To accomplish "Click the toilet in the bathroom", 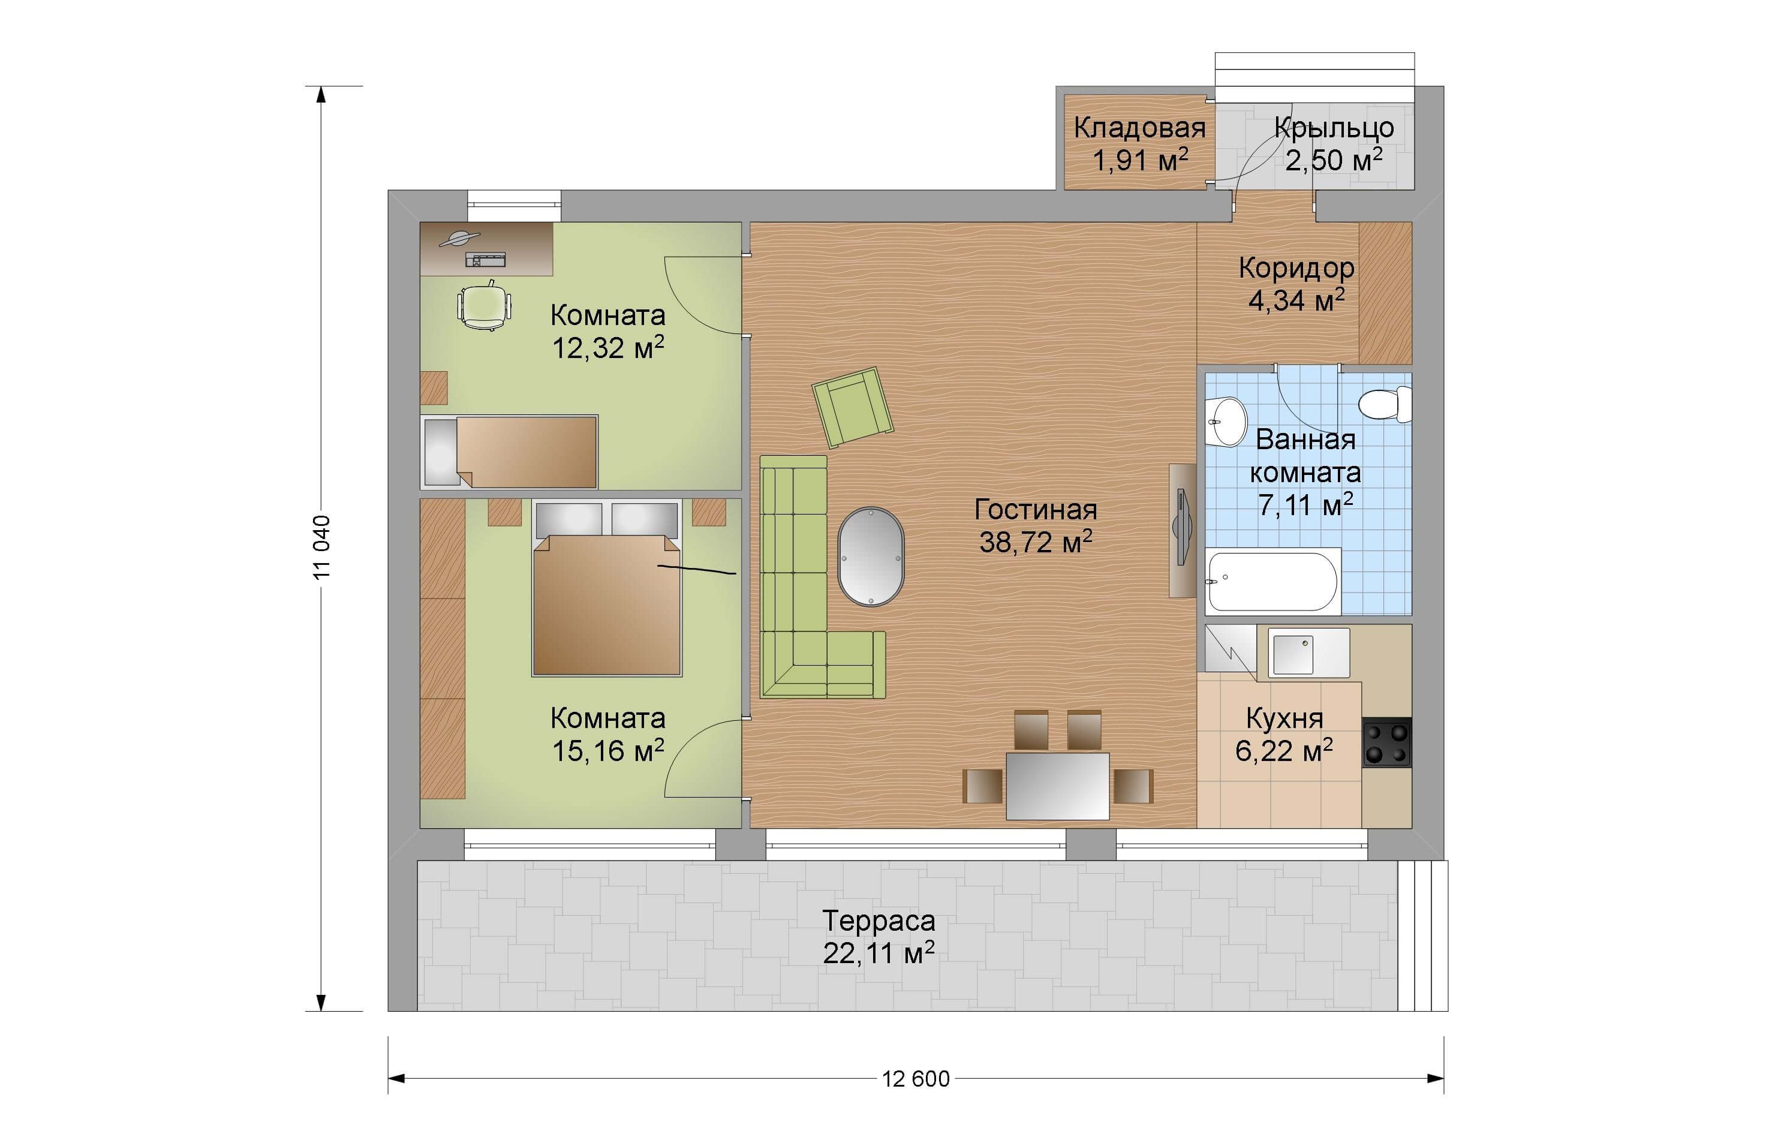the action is point(1385,404).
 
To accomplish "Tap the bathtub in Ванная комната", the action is point(1272,580).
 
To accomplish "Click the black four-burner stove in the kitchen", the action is point(1386,742).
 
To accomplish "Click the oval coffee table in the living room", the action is point(871,557).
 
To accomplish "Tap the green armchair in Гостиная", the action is point(853,407).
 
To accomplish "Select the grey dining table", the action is point(1058,786).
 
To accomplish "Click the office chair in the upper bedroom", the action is point(485,305).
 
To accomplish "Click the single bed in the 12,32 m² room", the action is point(509,451).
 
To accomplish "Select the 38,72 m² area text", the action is point(1036,542).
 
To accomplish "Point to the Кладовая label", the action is point(1139,128).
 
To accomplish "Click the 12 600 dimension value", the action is point(916,1078).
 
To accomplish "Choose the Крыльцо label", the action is point(1334,128).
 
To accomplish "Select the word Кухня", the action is point(1284,718).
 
